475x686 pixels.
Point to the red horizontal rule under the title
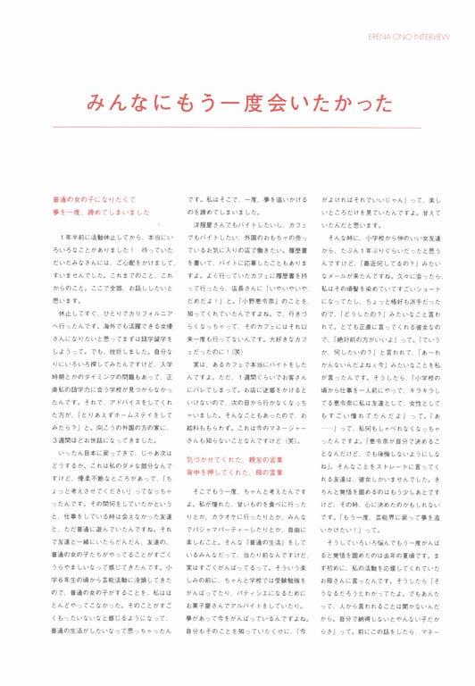[237, 127]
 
